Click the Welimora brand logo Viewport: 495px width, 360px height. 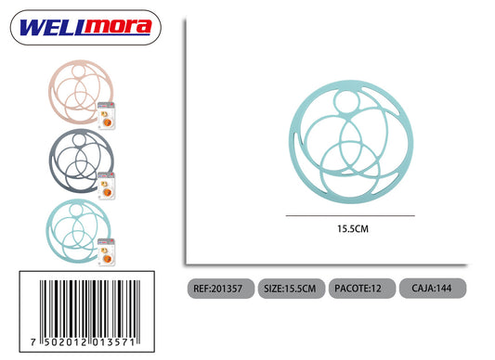[85, 28]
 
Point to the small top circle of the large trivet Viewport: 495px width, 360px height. [346, 91]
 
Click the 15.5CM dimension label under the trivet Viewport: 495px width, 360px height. [353, 229]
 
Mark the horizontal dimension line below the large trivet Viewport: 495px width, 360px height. [350, 216]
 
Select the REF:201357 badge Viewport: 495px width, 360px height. [221, 289]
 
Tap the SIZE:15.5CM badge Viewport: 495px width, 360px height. [292, 289]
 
